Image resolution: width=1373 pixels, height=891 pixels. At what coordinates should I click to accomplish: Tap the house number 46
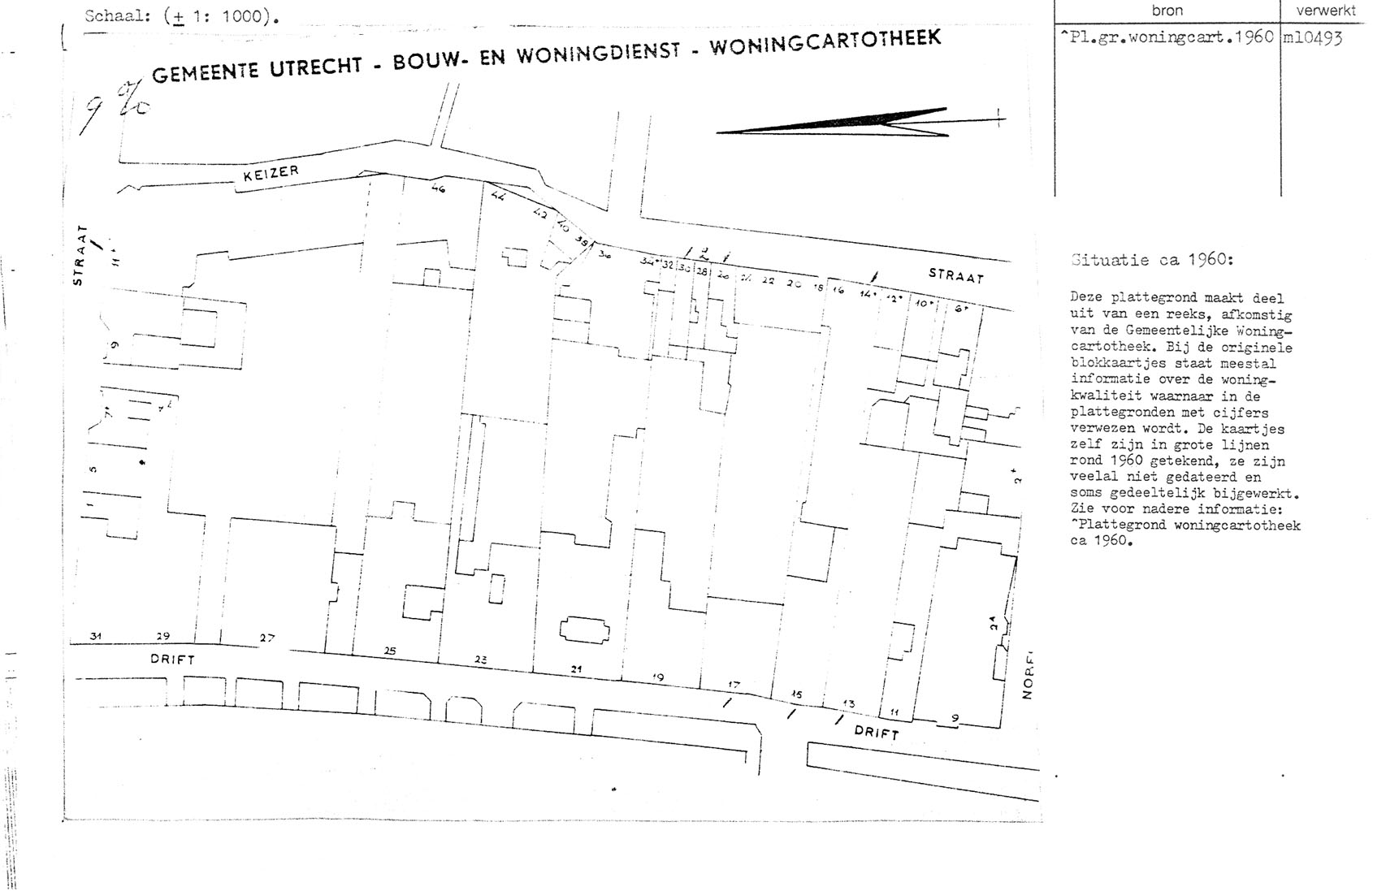pyautogui.click(x=439, y=189)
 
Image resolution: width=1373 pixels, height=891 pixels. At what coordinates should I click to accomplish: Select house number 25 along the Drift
pyautogui.click(x=390, y=651)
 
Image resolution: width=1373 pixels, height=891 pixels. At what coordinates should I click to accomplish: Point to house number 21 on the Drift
pyautogui.click(x=577, y=669)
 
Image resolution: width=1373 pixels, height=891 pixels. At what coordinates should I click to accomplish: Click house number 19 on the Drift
pyautogui.click(x=658, y=677)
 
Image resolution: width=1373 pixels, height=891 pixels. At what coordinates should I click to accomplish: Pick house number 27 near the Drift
pyautogui.click(x=267, y=638)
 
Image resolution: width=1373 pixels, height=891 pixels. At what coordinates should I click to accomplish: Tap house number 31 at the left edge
pyautogui.click(x=96, y=636)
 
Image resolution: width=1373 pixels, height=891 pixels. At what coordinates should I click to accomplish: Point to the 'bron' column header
pyautogui.click(x=1167, y=11)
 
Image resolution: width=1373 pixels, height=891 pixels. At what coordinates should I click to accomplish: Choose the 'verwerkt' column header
pyautogui.click(x=1325, y=11)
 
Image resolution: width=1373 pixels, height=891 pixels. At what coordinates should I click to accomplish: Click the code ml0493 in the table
pyautogui.click(x=1312, y=37)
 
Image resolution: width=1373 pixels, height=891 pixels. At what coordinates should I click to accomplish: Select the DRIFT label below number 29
pyautogui.click(x=172, y=660)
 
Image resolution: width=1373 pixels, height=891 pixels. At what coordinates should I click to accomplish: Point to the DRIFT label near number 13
pyautogui.click(x=877, y=732)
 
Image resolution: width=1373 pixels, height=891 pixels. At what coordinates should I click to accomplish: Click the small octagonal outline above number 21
pyautogui.click(x=584, y=631)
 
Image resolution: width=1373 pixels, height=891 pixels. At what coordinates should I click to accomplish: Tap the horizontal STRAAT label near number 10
pyautogui.click(x=956, y=276)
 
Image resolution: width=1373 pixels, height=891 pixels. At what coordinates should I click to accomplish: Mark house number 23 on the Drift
pyautogui.click(x=480, y=660)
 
